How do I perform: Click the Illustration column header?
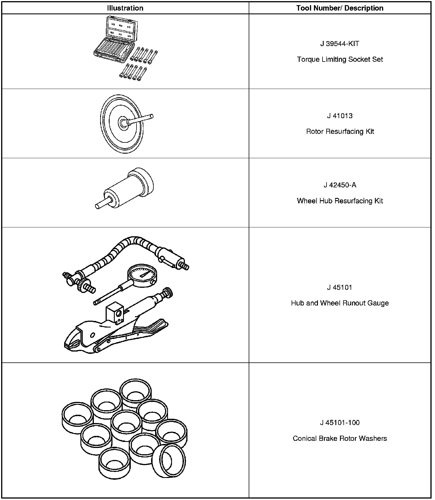point(125,8)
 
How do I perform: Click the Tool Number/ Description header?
point(340,8)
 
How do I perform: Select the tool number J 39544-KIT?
point(340,44)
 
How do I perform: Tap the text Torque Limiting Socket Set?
point(340,59)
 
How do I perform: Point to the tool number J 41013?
point(340,116)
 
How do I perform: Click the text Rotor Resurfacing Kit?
point(340,132)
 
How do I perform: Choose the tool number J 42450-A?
point(340,185)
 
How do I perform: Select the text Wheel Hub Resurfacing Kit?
point(340,201)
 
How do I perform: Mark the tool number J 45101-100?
point(340,422)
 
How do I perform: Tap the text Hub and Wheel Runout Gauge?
point(340,303)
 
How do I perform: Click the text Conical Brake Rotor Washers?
point(340,439)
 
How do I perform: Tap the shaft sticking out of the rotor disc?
point(142,119)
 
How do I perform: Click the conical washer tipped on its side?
point(169,461)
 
